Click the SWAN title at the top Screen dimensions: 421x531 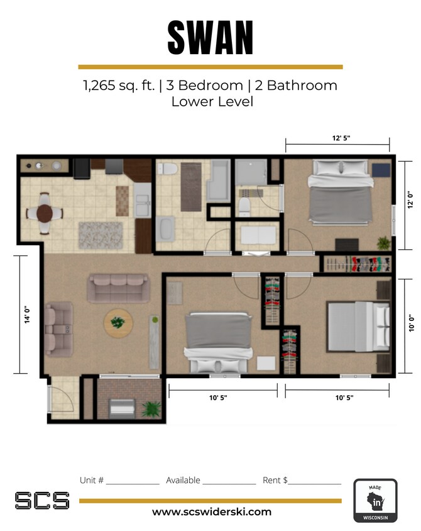click(210, 37)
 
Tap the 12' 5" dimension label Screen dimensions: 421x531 click(341, 138)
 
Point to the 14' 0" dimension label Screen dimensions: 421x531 click(27, 315)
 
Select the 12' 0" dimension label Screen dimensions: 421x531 click(410, 200)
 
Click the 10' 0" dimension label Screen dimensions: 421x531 click(411, 323)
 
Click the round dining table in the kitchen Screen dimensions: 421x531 click(45, 213)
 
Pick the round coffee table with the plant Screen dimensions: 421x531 click(118, 323)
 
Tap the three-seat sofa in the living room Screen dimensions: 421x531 click(118, 288)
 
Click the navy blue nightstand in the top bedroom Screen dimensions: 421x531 click(381, 170)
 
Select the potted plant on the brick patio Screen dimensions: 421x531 click(151, 409)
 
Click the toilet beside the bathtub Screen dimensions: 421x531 click(167, 169)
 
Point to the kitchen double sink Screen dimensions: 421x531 click(143, 201)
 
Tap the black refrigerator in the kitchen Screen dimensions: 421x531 click(82, 169)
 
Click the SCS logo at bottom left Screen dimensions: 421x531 click(42, 501)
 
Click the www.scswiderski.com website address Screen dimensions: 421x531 click(212, 511)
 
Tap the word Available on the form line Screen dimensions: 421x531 click(183, 480)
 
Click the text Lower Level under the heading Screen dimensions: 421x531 click(212, 101)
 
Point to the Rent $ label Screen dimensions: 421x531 click(275, 480)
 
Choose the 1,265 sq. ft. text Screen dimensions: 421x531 click(119, 86)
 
